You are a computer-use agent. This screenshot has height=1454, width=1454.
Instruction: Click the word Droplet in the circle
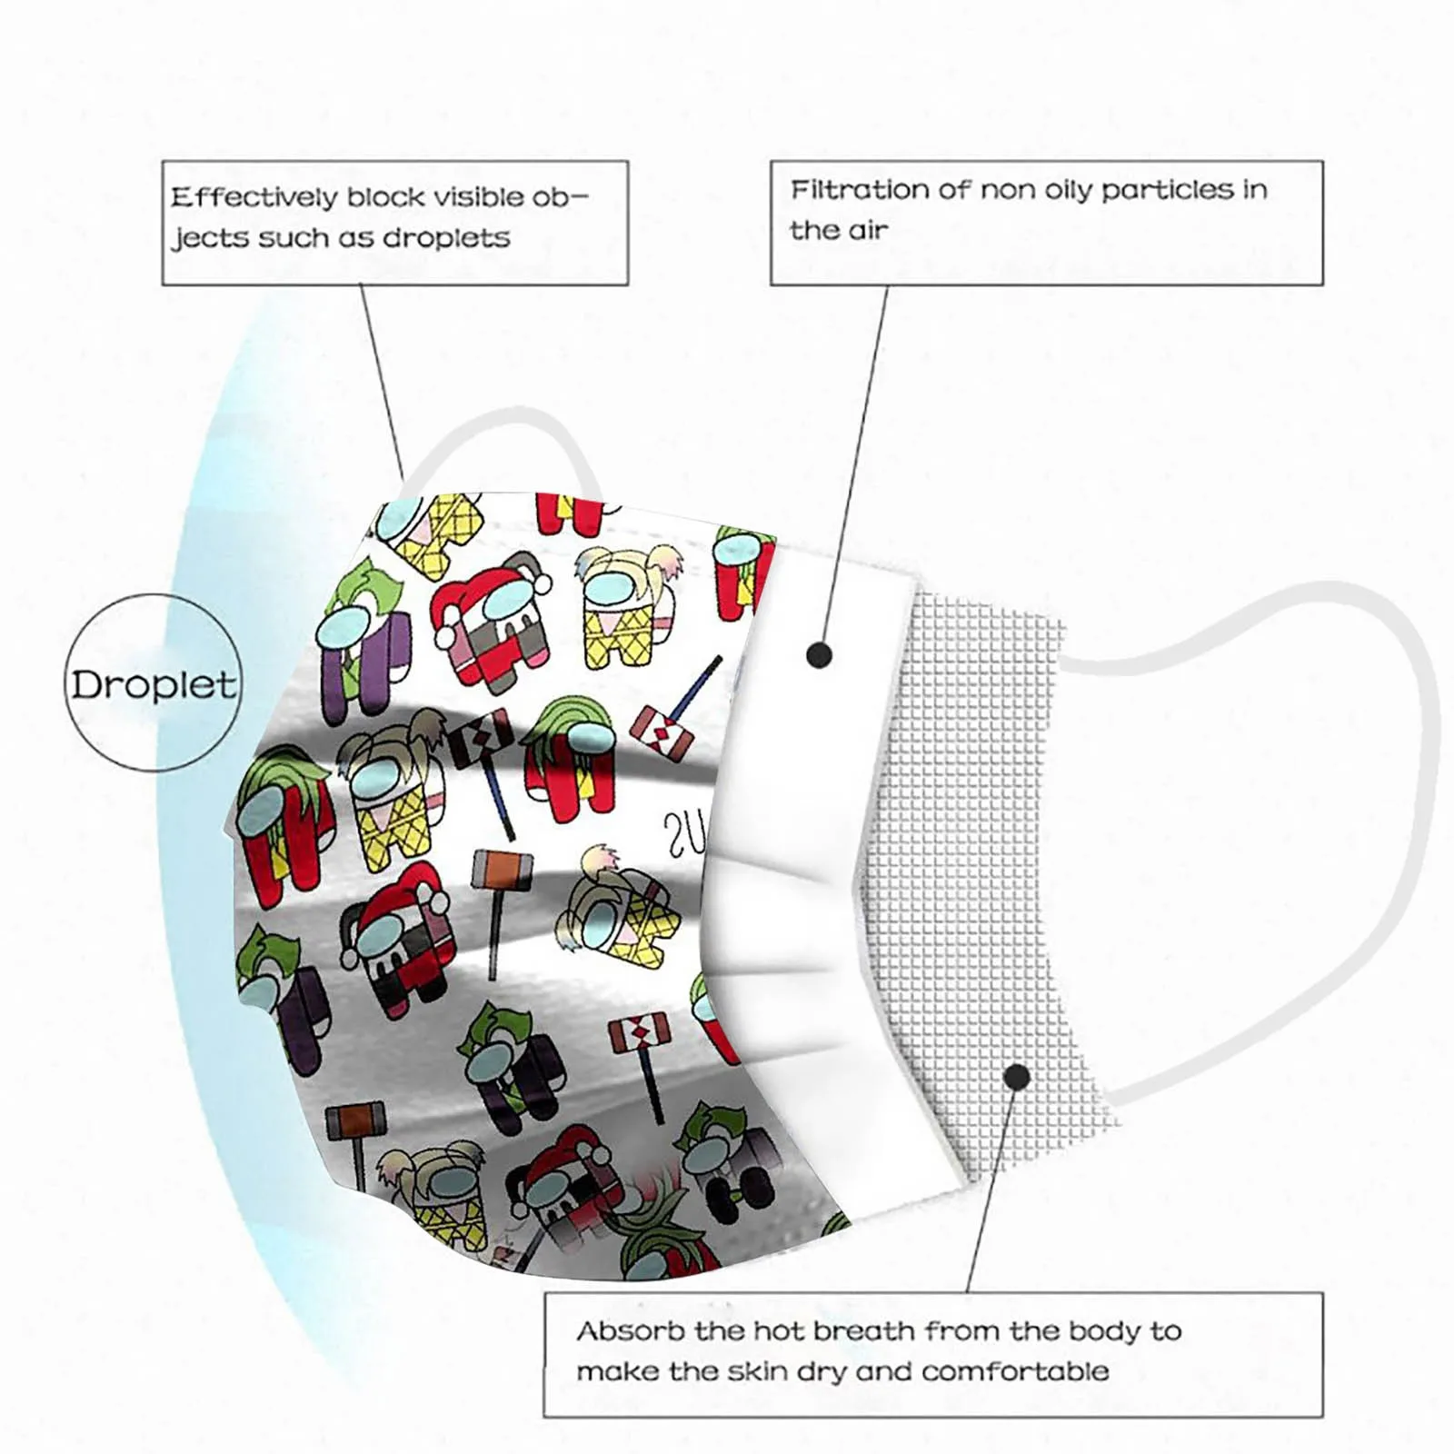pyautogui.click(x=154, y=684)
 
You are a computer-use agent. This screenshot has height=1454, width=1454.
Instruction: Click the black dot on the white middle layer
pyautogui.click(x=820, y=654)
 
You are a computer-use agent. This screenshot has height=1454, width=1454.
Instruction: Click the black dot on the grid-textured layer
pyautogui.click(x=1017, y=1078)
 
